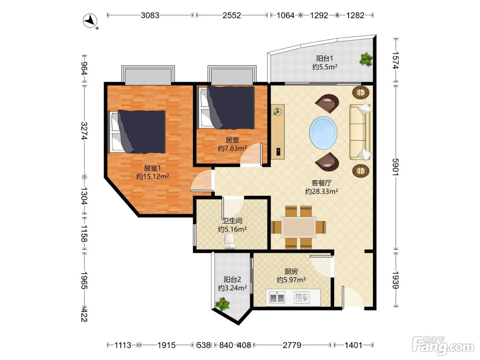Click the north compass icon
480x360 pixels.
click(90, 21)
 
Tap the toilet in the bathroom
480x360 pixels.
click(229, 241)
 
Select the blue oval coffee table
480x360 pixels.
click(323, 133)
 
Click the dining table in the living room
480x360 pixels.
click(298, 227)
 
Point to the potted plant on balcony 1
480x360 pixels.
click(366, 59)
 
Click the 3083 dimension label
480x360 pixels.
click(150, 15)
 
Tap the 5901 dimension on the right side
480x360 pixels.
click(396, 167)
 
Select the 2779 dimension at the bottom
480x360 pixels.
click(292, 345)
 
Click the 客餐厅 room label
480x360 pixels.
click(322, 183)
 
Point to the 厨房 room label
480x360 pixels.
click(291, 272)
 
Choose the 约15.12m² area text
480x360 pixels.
click(153, 176)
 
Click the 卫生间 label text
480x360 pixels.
click(232, 221)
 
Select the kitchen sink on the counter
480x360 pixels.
click(302, 298)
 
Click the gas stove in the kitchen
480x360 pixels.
click(277, 298)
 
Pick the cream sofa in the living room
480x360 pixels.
click(360, 132)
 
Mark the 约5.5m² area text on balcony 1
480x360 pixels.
click(325, 67)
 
